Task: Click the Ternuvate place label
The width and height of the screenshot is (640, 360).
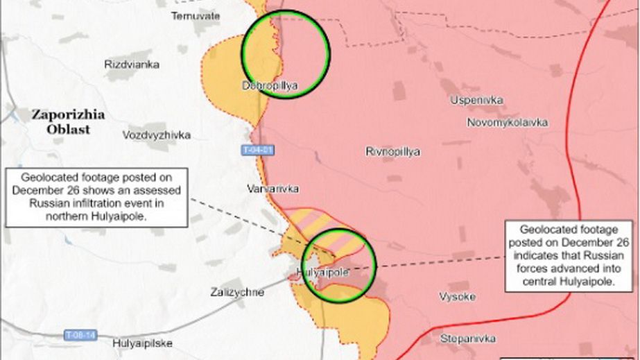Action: coord(196,15)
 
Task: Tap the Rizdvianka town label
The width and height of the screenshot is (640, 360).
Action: coord(132,65)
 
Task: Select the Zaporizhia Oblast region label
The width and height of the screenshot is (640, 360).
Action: coord(67,121)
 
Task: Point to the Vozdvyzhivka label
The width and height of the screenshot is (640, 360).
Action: coord(156,135)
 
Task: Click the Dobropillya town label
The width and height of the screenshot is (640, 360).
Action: coord(270,86)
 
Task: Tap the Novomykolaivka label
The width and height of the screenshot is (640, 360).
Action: coord(507,123)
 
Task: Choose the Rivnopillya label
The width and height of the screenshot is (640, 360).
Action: coord(392,152)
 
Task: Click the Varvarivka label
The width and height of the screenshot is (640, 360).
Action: coord(273,189)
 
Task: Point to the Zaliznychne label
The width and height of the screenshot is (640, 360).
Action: coord(236,293)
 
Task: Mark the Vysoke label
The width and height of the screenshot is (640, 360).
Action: coord(457,297)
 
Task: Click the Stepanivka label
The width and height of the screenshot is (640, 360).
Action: coord(468,338)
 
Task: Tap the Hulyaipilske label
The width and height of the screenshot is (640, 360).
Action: coord(143,343)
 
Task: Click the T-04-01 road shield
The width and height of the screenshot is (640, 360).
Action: coord(259,150)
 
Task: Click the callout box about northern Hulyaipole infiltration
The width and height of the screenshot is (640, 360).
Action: coord(96,196)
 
